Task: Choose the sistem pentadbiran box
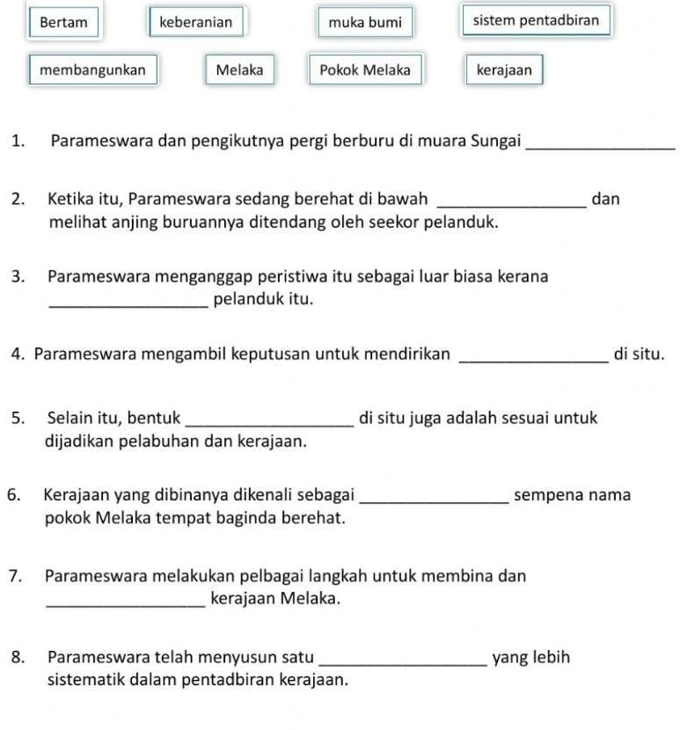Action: coord(535,19)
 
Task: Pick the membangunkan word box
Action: coord(93,69)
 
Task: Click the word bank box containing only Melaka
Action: coord(238,69)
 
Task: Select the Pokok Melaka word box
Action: coord(364,69)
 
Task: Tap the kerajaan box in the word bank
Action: coord(504,69)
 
